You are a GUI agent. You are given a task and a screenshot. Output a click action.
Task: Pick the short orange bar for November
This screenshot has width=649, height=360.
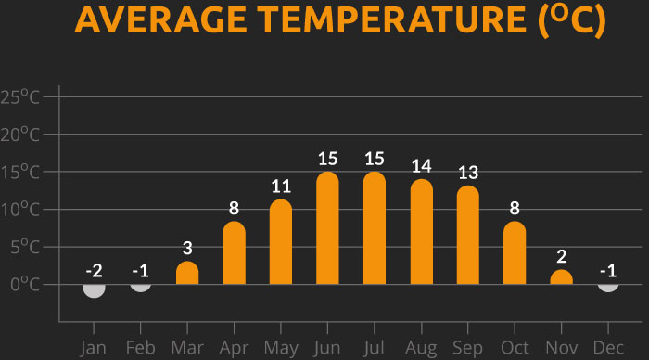561,277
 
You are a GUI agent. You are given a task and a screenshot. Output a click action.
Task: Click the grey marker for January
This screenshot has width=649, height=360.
94,289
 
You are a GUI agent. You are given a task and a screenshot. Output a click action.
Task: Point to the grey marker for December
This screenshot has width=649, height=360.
607,284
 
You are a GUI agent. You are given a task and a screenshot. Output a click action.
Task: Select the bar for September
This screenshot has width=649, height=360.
467,236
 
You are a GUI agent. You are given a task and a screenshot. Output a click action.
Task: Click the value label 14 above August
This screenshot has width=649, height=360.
421,166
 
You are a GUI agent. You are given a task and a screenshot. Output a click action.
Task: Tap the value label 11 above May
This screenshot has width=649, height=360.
281,186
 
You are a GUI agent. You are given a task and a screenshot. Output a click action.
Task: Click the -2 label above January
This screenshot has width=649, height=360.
94,271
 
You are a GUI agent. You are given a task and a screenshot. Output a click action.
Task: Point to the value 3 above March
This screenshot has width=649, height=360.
187,248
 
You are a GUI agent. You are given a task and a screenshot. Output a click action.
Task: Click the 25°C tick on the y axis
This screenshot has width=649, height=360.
20,97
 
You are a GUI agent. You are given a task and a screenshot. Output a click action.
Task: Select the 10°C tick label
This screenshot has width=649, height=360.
20,210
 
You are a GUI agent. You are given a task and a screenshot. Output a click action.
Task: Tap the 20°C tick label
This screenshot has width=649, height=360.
20,135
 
